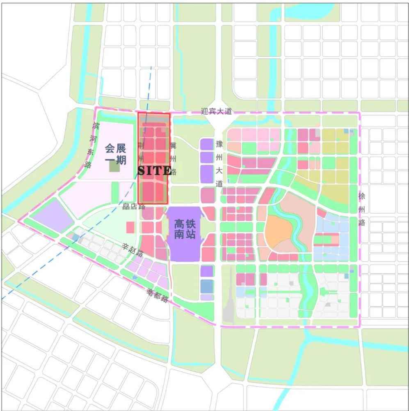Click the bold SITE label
tap(154, 170)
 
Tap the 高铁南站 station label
tap(185, 230)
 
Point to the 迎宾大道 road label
tap(217, 111)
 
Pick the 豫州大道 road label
tap(219, 164)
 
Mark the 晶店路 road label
tap(134, 206)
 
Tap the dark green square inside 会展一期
tap(114, 166)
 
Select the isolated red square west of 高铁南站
tap(130, 227)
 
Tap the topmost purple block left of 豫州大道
tap(207, 144)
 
